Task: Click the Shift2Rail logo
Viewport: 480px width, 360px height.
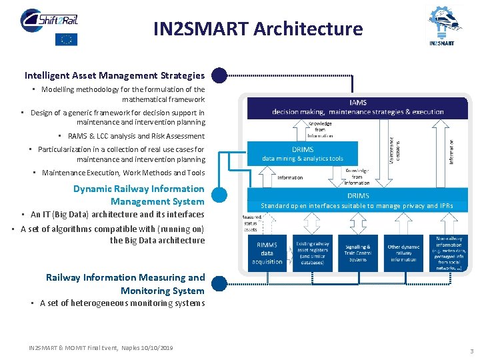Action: tap(48, 19)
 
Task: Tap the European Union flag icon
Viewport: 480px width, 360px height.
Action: tap(66, 39)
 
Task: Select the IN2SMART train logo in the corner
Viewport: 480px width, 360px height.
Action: tap(442, 25)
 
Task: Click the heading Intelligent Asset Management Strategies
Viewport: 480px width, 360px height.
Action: tap(115, 75)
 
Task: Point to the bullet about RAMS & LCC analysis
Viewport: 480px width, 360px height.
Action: tap(136, 135)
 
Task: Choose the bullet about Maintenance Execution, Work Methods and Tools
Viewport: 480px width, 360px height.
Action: tap(123, 173)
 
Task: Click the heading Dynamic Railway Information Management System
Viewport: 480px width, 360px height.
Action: tap(139, 195)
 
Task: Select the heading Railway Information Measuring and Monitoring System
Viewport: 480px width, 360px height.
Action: tap(125, 284)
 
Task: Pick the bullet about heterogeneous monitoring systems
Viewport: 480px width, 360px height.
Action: tap(122, 303)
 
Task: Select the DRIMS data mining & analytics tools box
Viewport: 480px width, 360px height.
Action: tap(303, 154)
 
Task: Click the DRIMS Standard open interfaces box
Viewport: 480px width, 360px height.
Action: tap(357, 201)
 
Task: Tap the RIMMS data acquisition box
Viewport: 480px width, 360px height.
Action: tap(267, 253)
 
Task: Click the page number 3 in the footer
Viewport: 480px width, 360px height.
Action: tap(471, 351)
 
